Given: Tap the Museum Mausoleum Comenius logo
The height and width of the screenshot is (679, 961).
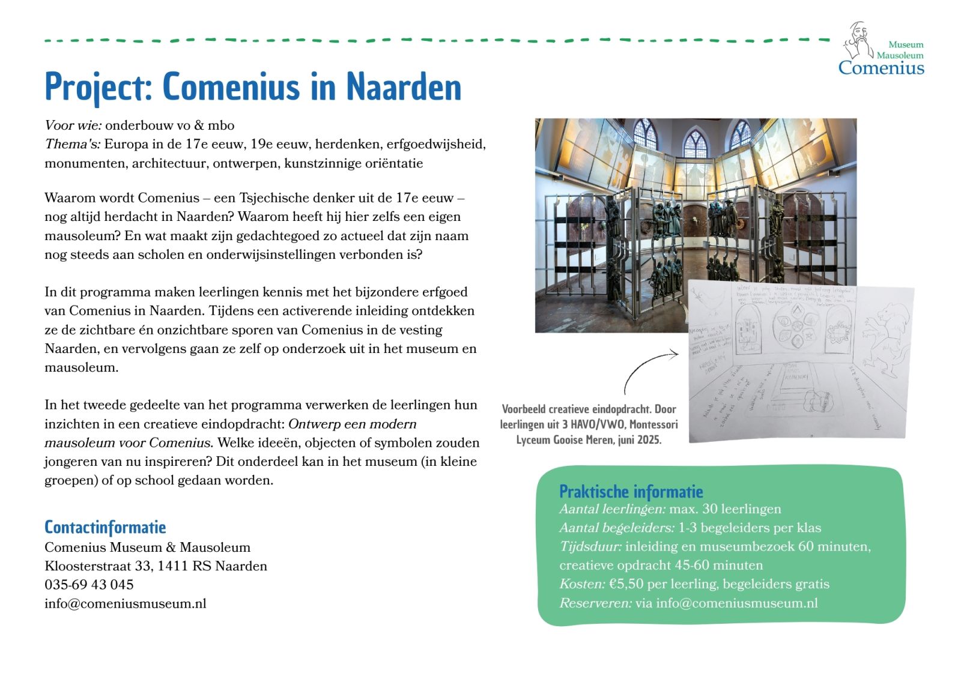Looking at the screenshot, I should tap(882, 50).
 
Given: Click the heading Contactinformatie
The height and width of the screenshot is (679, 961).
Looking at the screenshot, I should tap(105, 527).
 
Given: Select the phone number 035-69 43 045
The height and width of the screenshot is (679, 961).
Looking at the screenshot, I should tap(89, 585).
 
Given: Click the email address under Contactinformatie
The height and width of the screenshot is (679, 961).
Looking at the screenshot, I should tap(125, 603).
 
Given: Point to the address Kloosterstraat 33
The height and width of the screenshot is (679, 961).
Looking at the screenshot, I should tap(97, 566).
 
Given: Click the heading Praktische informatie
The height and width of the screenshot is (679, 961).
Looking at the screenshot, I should tap(631, 492).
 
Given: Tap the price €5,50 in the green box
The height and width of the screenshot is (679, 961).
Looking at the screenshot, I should tap(626, 584).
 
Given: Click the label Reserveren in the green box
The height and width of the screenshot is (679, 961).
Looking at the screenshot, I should tap(595, 603).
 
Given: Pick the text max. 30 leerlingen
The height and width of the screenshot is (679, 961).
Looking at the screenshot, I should tap(725, 509).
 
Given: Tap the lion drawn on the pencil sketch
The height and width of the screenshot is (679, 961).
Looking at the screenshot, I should tap(887, 342).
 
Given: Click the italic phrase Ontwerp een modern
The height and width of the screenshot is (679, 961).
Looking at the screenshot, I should tap(352, 424).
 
